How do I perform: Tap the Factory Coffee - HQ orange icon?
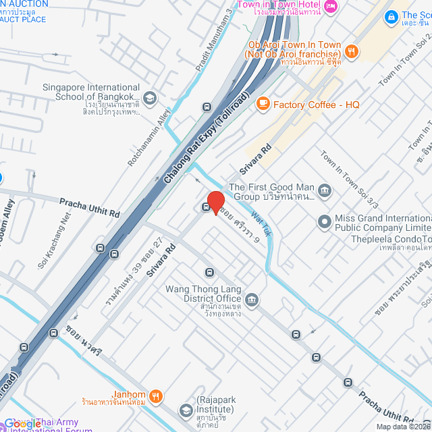pyautogui.click(x=263, y=104)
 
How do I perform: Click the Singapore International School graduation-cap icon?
pyautogui.click(x=149, y=98)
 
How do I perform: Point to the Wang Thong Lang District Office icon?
pyautogui.click(x=252, y=299)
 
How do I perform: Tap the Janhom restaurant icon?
pyautogui.click(x=156, y=396)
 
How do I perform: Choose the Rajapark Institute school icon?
pyautogui.click(x=186, y=410)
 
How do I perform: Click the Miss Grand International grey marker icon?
pyautogui.click(x=325, y=221)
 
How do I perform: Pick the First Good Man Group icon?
pyautogui.click(x=325, y=192)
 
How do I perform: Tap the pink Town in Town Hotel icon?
pyautogui.click(x=330, y=6)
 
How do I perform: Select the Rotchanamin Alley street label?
pyautogui.click(x=150, y=138)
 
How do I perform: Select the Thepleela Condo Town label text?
pyautogui.click(x=390, y=240)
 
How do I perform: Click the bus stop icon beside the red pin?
pyautogui.click(x=205, y=207)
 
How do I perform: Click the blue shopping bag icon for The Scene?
pyautogui.click(x=389, y=16)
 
